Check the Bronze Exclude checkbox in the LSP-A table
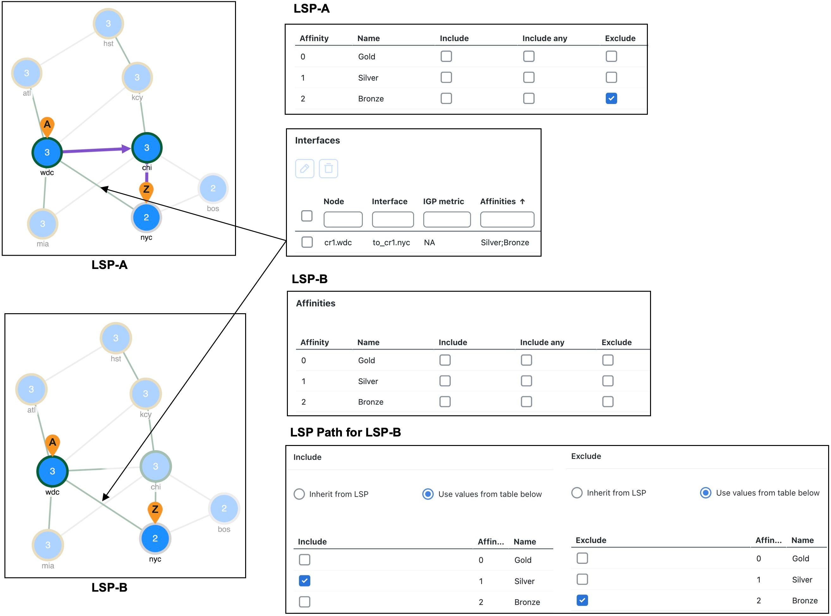tap(611, 98)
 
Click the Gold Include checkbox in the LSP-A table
tap(446, 56)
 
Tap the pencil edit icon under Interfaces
tap(305, 168)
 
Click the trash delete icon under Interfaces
tap(328, 168)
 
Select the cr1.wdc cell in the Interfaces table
tap(338, 242)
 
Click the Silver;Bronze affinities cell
tap(505, 242)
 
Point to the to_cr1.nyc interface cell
tap(391, 242)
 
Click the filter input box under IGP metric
tap(447, 219)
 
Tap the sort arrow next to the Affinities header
tap(522, 201)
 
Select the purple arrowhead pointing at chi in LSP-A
tap(126, 149)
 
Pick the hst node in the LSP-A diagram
tap(108, 23)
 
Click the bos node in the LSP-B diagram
tap(224, 508)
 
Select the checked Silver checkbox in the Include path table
tap(305, 581)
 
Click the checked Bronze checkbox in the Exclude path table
tap(582, 600)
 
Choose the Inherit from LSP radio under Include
tap(299, 494)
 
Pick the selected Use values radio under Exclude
tap(705, 492)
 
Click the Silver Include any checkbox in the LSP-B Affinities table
tap(526, 381)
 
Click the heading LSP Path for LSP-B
tap(345, 432)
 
